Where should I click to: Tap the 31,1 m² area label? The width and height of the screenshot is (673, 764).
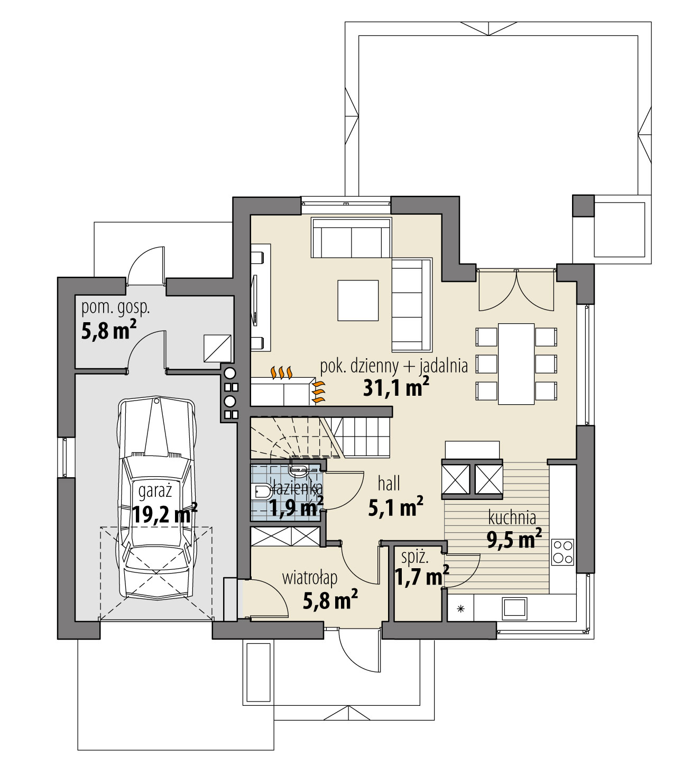click(x=395, y=388)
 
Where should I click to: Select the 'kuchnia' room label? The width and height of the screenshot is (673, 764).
click(x=512, y=517)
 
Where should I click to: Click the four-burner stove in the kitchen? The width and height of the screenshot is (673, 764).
click(x=563, y=551)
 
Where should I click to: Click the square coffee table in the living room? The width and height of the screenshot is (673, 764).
click(x=358, y=301)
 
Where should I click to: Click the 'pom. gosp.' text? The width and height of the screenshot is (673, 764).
click(x=115, y=307)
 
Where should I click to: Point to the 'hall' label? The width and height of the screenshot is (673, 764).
click(x=389, y=483)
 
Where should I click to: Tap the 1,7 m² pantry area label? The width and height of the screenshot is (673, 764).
click(x=421, y=575)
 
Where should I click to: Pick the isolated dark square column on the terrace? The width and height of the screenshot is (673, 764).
click(x=583, y=206)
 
